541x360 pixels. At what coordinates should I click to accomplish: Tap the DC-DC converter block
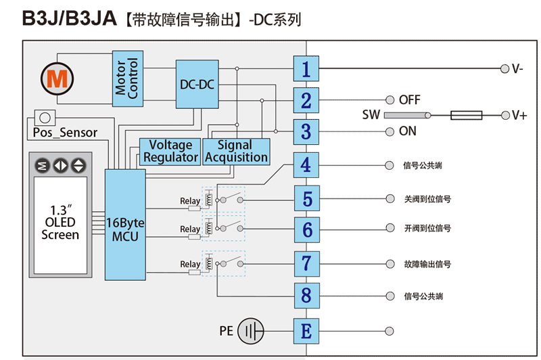pyautogui.click(x=197, y=85)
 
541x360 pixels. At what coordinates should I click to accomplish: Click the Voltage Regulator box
pyautogui.click(x=170, y=151)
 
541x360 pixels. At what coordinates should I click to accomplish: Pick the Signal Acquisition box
pyautogui.click(x=236, y=151)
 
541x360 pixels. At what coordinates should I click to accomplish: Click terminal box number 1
pyautogui.click(x=306, y=69)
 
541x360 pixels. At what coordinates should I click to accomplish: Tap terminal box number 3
pyautogui.click(x=306, y=131)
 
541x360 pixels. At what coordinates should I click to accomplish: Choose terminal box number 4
pyautogui.click(x=306, y=165)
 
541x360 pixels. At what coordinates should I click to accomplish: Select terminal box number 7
pyautogui.click(x=306, y=263)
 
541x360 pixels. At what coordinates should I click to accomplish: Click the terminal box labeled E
pyautogui.click(x=306, y=331)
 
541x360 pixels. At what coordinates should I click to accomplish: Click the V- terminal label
pyautogui.click(x=517, y=69)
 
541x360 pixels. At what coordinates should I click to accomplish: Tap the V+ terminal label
pyautogui.click(x=519, y=116)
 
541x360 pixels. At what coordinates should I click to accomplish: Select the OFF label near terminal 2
pyautogui.click(x=410, y=100)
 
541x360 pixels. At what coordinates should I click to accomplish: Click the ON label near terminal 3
pyautogui.click(x=408, y=131)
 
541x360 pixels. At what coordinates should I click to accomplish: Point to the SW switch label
pyautogui.click(x=372, y=116)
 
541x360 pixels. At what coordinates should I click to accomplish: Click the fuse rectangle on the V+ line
pyautogui.click(x=466, y=116)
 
